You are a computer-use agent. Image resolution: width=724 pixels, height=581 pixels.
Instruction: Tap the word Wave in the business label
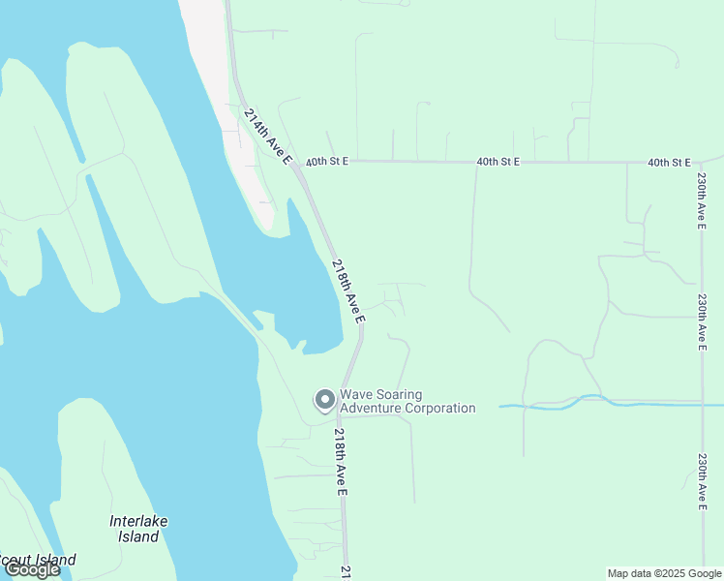(356, 394)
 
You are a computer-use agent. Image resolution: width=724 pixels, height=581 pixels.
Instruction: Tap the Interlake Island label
(138, 529)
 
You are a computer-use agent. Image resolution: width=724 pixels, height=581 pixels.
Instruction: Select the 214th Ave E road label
(267, 136)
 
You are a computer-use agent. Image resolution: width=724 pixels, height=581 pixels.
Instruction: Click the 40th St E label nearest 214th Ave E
(326, 162)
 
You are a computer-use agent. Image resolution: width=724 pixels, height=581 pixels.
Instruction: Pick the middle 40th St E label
(498, 162)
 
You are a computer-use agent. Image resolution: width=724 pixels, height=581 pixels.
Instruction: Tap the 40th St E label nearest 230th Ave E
(669, 162)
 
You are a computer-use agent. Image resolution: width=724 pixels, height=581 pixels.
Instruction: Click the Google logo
(32, 570)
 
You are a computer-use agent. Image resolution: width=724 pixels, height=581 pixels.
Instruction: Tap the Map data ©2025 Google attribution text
(664, 573)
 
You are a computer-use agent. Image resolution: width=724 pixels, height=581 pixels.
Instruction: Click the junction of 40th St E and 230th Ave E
(700, 162)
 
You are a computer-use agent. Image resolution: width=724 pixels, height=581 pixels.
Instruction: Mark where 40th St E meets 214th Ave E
(298, 163)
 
